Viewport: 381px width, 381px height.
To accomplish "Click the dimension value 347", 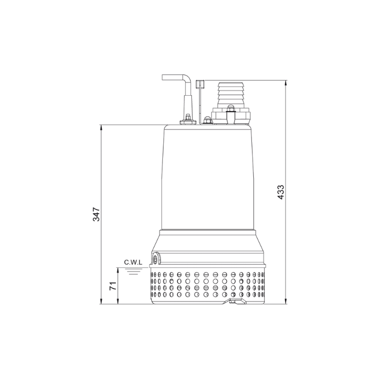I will click(x=96, y=214).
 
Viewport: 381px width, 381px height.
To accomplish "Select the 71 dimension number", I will click(x=113, y=286).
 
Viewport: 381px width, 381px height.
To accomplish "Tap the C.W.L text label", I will click(x=133, y=262).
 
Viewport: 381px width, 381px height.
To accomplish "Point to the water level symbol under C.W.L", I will click(x=133, y=271).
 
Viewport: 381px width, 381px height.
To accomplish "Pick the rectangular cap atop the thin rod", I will click(x=201, y=85).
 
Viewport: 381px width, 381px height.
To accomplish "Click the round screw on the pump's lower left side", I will click(x=156, y=260).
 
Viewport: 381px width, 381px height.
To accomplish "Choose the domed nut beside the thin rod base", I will click(x=208, y=120).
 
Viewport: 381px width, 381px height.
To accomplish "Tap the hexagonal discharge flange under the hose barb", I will click(x=231, y=116).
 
